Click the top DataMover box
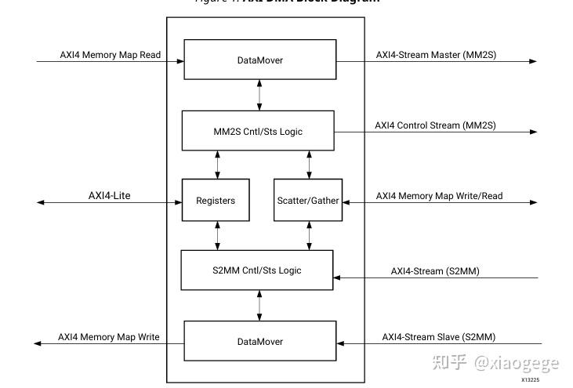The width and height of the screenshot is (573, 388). pyautogui.click(x=259, y=60)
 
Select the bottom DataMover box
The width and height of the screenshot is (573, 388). pyautogui.click(x=259, y=342)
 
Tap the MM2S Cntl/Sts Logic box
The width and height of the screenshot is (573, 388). pyautogui.click(x=258, y=131)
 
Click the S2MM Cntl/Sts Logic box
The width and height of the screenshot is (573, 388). pyautogui.click(x=256, y=270)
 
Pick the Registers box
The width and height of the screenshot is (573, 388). pyautogui.click(x=216, y=201)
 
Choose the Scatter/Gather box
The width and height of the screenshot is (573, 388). pyautogui.click(x=308, y=201)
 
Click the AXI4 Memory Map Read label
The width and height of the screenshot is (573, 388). pyautogui.click(x=111, y=55)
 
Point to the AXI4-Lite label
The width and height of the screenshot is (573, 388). pyautogui.click(x=109, y=195)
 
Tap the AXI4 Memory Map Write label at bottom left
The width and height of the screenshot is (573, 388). pyautogui.click(x=108, y=337)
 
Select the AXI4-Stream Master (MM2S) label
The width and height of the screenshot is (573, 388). pyautogui.click(x=436, y=55)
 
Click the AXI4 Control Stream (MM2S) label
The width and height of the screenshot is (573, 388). pyautogui.click(x=435, y=125)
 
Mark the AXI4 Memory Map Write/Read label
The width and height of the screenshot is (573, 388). pyautogui.click(x=439, y=196)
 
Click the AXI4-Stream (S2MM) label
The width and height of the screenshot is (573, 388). pyautogui.click(x=435, y=271)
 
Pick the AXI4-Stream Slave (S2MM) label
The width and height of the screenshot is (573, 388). pyautogui.click(x=438, y=337)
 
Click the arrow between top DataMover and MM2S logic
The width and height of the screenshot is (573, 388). pyautogui.click(x=259, y=95)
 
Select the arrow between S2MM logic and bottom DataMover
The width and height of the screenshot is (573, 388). pyautogui.click(x=259, y=306)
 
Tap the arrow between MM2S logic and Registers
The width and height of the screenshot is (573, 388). pyautogui.click(x=217, y=165)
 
